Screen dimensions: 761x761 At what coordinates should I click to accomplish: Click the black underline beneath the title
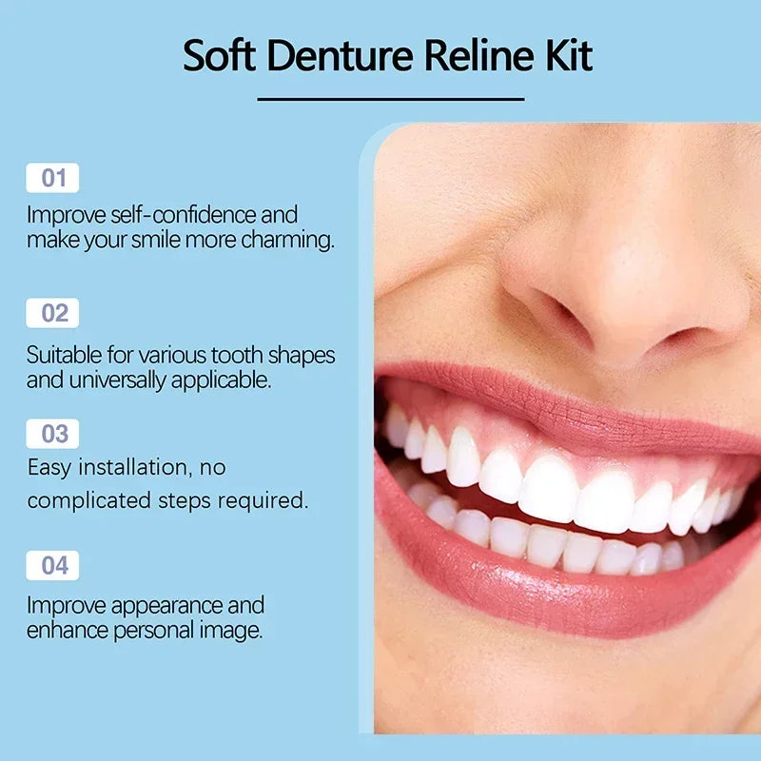[x=391, y=98]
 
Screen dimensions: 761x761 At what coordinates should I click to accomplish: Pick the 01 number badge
[x=53, y=178]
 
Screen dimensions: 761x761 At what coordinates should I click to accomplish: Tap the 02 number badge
[x=53, y=313]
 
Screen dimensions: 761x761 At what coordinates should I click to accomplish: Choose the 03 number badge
[x=53, y=434]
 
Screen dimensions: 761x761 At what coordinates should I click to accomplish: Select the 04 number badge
[x=53, y=565]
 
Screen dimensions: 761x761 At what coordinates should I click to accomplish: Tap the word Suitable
[x=62, y=356]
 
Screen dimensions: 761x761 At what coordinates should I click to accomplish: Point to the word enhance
[x=63, y=630]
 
